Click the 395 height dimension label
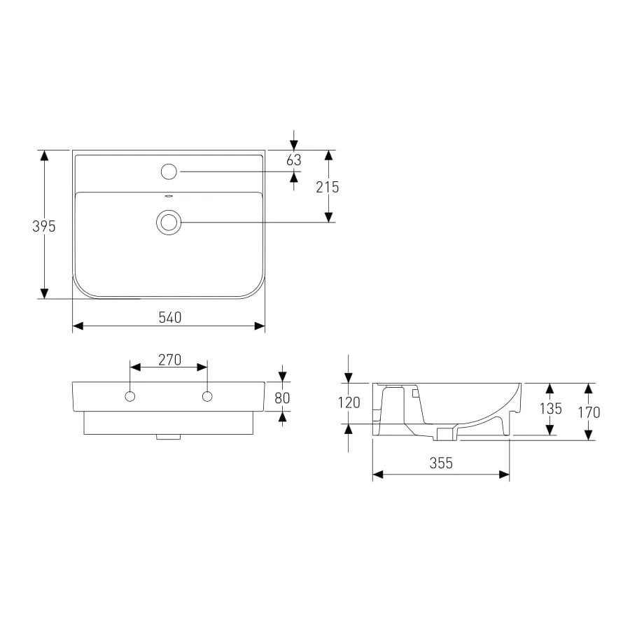point(44,227)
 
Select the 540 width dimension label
point(170,318)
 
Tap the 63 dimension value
point(294,160)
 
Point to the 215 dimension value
point(327,187)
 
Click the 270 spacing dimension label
point(169,360)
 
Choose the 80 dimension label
point(282,398)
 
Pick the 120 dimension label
point(349,402)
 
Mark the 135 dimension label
point(550,409)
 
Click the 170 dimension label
point(589,412)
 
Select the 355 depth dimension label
point(441,463)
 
